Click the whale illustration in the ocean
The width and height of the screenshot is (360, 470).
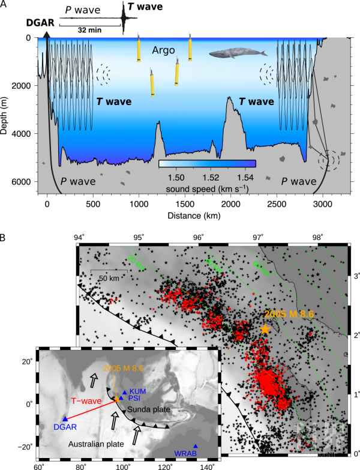[x=239, y=54]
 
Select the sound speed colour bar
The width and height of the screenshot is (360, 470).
[x=208, y=163]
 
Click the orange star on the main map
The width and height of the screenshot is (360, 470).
[x=265, y=330]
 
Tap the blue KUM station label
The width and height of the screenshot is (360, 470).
[x=136, y=391]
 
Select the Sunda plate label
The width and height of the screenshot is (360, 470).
[x=150, y=409]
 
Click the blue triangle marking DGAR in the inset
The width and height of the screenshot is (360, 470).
[x=64, y=419]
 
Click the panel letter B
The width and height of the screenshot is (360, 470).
[x=4, y=238]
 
